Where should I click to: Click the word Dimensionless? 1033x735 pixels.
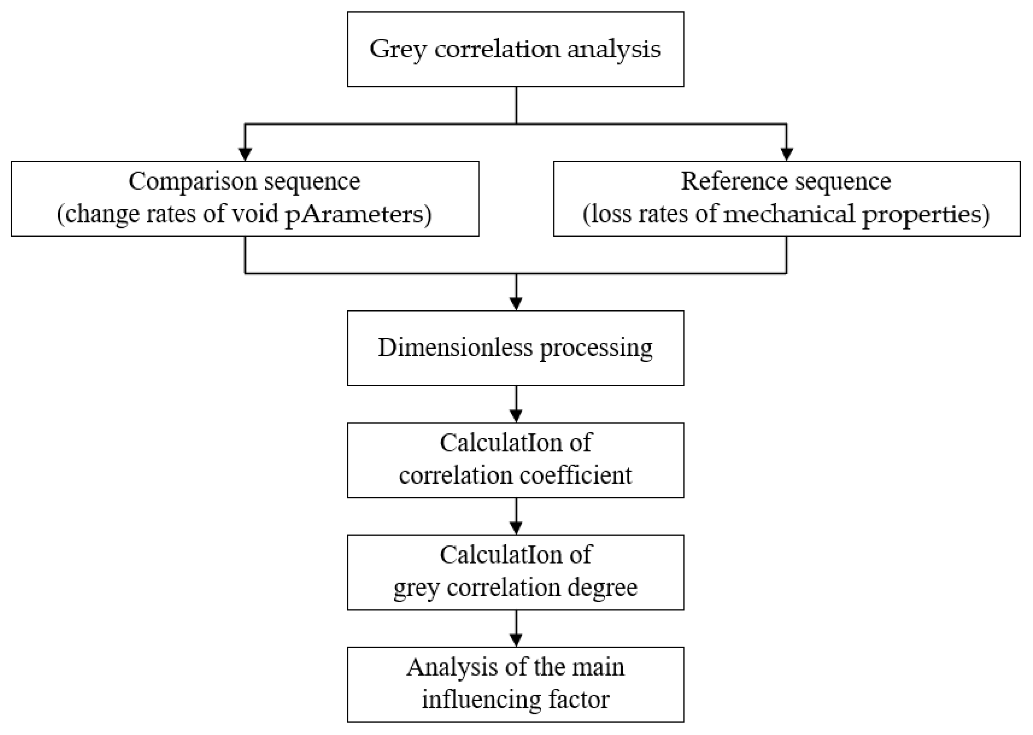click(x=455, y=348)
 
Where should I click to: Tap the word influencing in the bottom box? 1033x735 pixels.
click(x=481, y=700)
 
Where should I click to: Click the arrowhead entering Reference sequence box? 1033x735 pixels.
click(x=787, y=154)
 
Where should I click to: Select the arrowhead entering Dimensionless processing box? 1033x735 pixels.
click(x=516, y=304)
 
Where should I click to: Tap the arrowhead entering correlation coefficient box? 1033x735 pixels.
click(x=516, y=416)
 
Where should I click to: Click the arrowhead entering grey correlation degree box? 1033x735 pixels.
click(x=516, y=528)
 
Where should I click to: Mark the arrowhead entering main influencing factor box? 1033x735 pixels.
click(x=516, y=640)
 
